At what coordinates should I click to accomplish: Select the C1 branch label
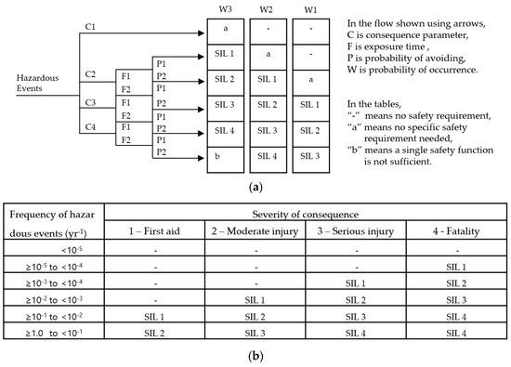[91, 27]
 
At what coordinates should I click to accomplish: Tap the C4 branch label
[91, 125]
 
